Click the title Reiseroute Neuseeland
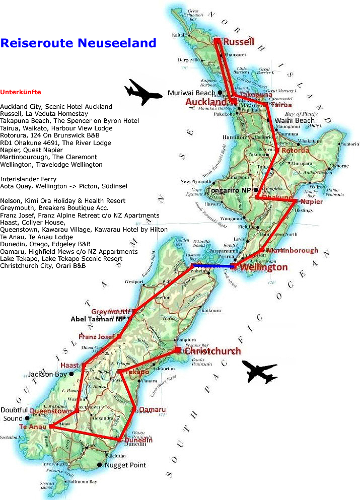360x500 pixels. click(x=78, y=43)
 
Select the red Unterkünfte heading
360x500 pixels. click(x=21, y=93)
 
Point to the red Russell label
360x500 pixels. click(x=239, y=42)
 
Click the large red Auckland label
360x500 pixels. click(x=206, y=102)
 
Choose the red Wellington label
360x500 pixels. click(x=264, y=267)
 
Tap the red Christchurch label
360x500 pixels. click(x=213, y=351)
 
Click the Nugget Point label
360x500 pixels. click(x=125, y=465)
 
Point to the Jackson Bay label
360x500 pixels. click(x=47, y=374)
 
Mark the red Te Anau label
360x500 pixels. click(x=29, y=427)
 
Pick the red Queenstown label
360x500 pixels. click(x=51, y=411)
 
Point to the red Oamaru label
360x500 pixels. click(x=152, y=409)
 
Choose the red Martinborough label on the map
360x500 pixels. click(x=292, y=250)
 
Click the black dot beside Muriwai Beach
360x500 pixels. click(x=220, y=93)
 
